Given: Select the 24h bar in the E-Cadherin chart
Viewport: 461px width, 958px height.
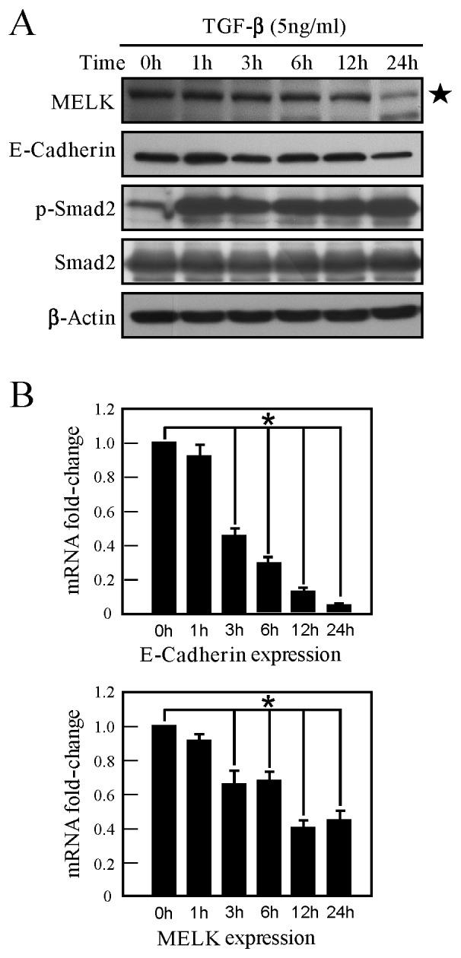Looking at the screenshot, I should point(339,608).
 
